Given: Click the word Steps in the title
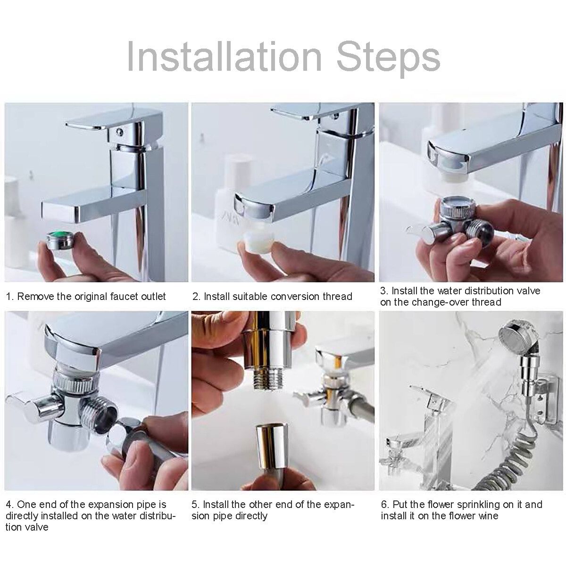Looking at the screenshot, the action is click(388, 59).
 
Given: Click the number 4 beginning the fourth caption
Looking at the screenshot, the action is click(9, 505).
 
